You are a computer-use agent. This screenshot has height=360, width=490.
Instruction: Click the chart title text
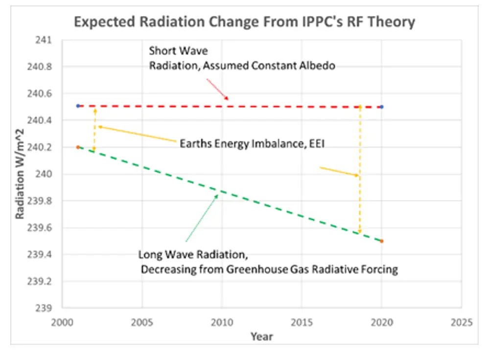[244, 22]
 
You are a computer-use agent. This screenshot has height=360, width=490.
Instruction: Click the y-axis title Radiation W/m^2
[20, 174]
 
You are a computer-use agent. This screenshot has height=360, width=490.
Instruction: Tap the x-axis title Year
[261, 337]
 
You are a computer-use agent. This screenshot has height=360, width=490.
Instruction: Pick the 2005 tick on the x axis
[141, 323]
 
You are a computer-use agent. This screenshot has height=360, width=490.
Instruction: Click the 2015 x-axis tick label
[302, 323]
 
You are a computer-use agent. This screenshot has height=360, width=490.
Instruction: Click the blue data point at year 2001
[78, 106]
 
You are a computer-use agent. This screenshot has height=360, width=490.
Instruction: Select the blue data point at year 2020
[382, 107]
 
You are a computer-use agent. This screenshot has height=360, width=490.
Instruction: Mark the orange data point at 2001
[78, 147]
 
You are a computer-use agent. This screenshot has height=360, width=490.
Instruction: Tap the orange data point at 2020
[382, 241]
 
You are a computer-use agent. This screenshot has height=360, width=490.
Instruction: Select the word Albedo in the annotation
[318, 67]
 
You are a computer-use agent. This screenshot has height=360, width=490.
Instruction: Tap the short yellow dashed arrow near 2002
[94, 129]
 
